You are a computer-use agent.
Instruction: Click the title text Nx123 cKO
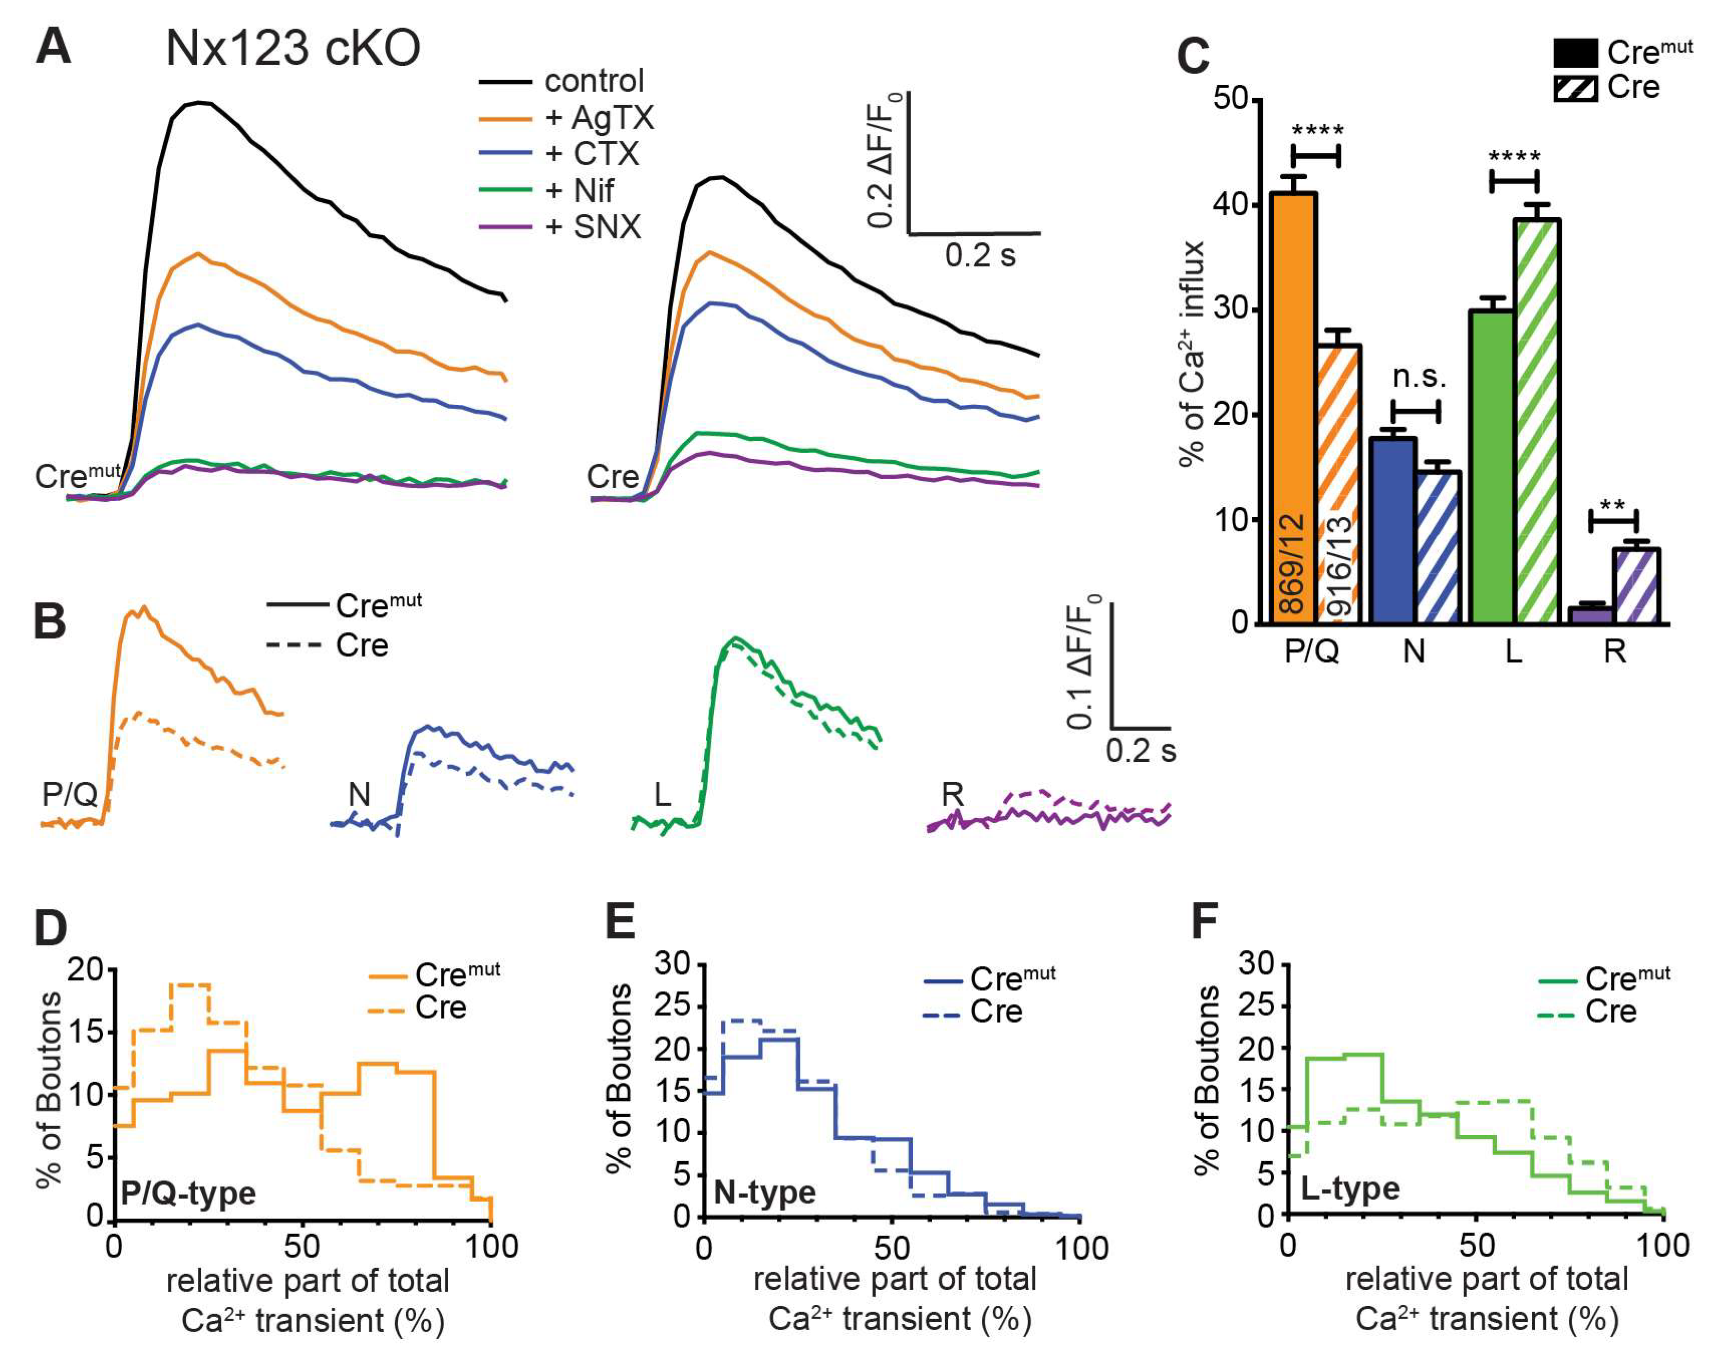(293, 49)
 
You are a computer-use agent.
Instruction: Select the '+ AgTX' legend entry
(599, 117)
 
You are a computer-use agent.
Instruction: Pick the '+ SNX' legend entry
(593, 227)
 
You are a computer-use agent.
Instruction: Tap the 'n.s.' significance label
(1419, 377)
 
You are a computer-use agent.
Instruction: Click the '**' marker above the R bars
(1612, 505)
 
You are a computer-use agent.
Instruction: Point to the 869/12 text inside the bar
(1293, 563)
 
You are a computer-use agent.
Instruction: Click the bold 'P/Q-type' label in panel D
(188, 1192)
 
